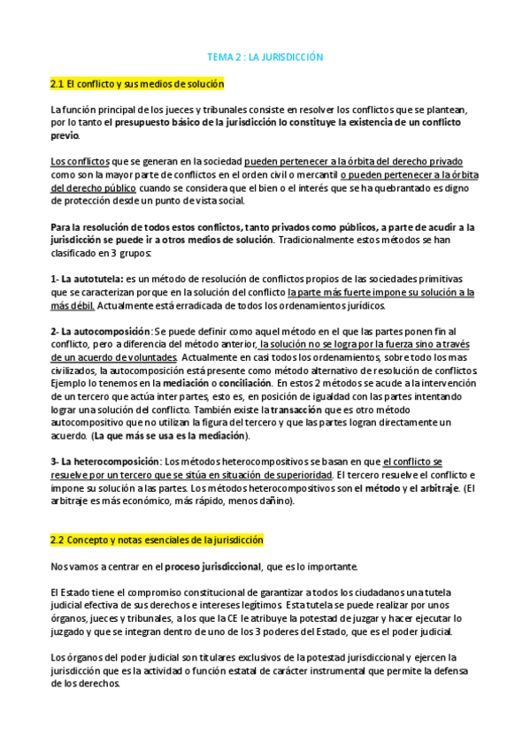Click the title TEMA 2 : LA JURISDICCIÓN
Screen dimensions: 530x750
265,57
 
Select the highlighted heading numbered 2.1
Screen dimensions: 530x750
137,84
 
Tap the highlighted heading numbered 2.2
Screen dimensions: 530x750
157,539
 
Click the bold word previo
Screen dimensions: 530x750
65,135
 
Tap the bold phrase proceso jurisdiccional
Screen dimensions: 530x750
212,565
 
